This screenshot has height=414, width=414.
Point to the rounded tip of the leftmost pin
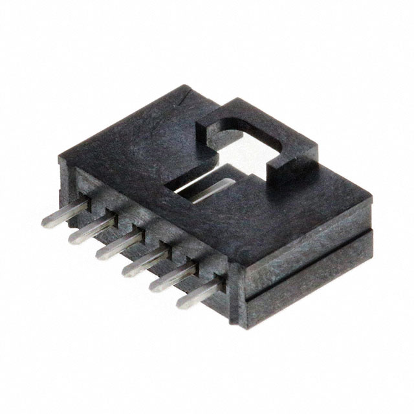45,223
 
